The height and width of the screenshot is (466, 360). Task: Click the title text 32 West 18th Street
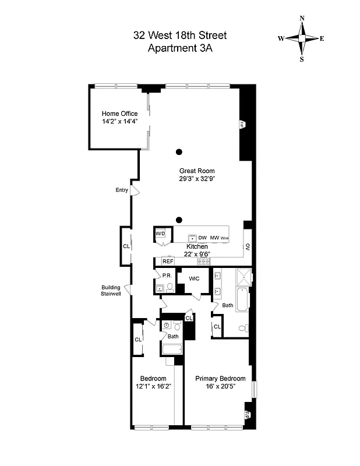click(x=179, y=36)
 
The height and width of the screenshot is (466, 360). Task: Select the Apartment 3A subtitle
click(x=179, y=49)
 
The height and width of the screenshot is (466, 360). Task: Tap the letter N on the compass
click(x=302, y=18)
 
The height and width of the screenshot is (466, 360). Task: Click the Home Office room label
click(x=119, y=114)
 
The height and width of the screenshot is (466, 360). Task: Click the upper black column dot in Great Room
click(x=179, y=152)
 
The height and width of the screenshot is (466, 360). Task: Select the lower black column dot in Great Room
click(x=179, y=220)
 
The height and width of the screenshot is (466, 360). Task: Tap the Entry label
click(x=122, y=190)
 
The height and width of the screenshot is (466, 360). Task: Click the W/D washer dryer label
click(x=160, y=234)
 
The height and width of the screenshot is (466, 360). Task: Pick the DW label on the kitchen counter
click(x=203, y=238)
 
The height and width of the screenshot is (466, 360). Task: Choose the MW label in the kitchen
click(x=214, y=238)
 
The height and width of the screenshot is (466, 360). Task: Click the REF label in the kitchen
click(x=160, y=262)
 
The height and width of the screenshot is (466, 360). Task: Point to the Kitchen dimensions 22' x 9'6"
click(x=197, y=255)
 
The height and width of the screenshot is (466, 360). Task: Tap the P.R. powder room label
click(x=166, y=276)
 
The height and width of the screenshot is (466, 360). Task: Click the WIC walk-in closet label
click(x=194, y=278)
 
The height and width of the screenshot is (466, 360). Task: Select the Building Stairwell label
click(x=111, y=290)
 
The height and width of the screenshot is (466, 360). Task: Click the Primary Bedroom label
click(x=220, y=378)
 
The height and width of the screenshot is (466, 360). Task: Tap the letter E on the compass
click(x=322, y=38)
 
